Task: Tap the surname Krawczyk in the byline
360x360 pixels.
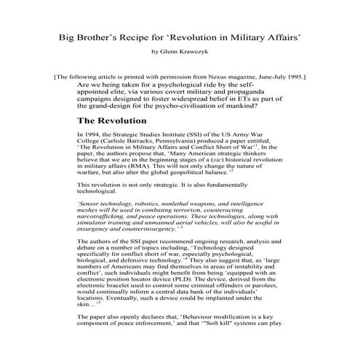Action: [193, 52]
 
